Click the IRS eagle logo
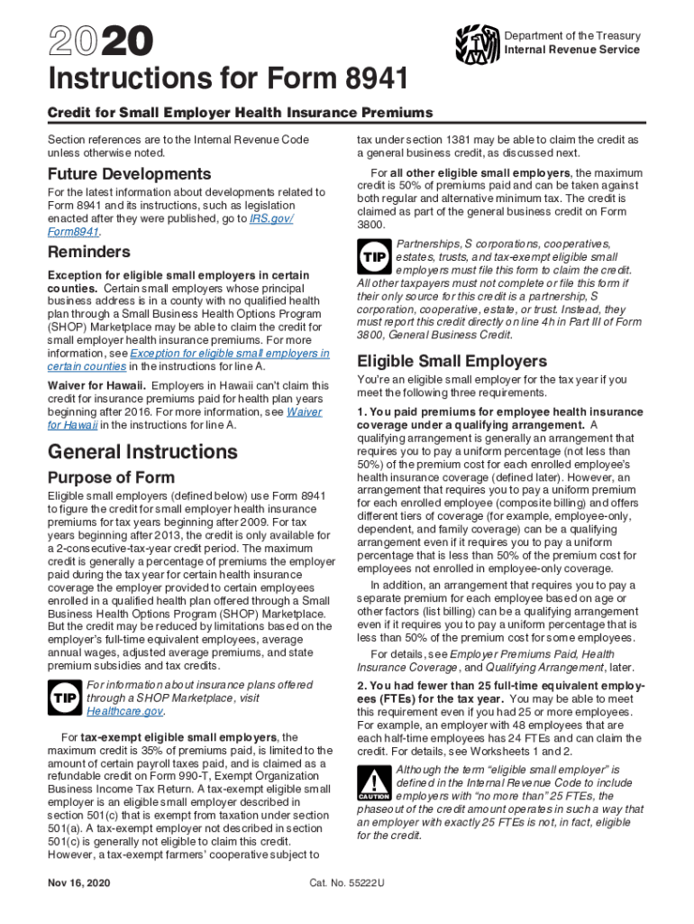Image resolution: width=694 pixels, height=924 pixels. point(478,42)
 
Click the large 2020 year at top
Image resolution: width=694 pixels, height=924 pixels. point(101,43)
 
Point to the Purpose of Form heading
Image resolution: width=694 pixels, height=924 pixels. point(111,477)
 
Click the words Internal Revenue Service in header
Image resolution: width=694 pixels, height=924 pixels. point(571,50)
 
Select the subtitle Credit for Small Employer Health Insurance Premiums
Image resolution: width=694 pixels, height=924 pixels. point(240,113)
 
